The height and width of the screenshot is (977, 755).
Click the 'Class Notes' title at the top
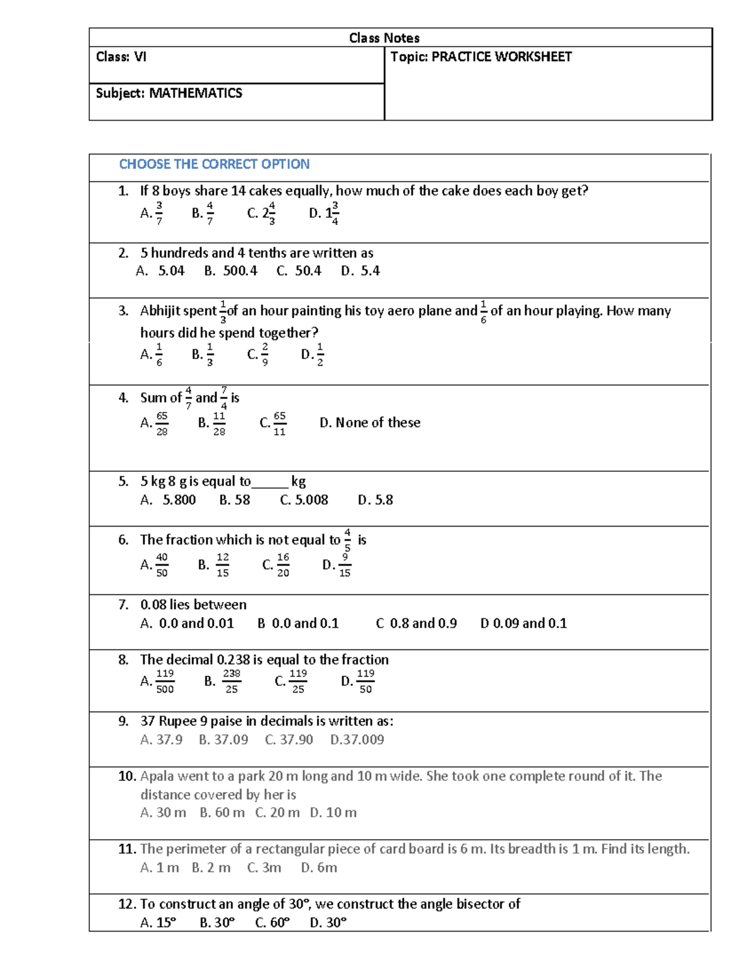384,38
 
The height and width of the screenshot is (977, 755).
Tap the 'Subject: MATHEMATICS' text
169,93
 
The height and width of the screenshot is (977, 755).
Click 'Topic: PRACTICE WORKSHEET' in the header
481,57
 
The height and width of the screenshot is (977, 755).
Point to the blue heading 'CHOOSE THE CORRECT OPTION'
214,164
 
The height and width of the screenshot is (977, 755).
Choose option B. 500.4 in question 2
230,271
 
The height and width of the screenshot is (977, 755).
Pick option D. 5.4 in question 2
360,271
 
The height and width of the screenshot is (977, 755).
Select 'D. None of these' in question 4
370,423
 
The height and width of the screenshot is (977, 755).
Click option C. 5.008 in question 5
304,500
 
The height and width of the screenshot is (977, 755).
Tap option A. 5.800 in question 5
168,500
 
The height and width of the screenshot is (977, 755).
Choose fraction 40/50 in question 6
161,565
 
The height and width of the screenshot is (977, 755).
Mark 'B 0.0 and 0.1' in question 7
298,623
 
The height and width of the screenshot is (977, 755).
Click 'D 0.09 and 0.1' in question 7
523,623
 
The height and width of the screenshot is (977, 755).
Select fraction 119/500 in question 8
164,681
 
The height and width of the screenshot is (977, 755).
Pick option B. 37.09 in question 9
223,740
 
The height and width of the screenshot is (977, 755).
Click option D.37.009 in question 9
357,740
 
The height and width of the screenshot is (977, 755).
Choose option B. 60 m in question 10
222,813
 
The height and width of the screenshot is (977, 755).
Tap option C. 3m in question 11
264,868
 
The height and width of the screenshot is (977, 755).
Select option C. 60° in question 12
272,923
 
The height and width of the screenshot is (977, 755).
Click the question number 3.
123,311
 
